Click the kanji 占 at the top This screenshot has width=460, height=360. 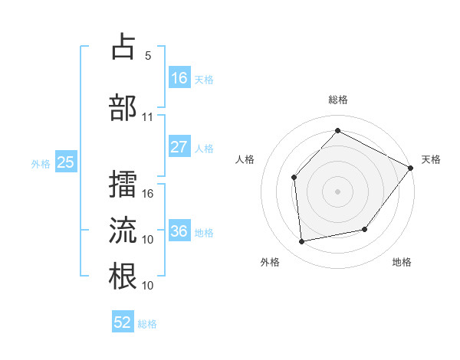(x=123, y=47)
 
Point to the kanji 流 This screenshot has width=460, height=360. (x=123, y=231)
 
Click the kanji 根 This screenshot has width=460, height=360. (x=123, y=276)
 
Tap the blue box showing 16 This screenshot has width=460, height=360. (x=179, y=78)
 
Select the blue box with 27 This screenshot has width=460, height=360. (x=179, y=147)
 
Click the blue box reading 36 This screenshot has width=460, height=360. (x=179, y=231)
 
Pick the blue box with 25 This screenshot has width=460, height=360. (x=65, y=162)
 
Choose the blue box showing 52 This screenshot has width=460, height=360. (x=123, y=322)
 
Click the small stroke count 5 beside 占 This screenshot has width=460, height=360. (x=148, y=56)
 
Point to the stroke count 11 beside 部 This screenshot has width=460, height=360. (x=148, y=117)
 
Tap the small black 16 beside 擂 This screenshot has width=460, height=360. (x=149, y=194)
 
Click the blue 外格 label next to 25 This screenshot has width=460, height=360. (x=41, y=162)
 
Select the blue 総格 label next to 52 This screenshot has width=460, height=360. (x=147, y=323)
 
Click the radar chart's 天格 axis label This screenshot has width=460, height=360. (x=431, y=159)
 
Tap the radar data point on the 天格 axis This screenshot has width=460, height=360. (x=410, y=168)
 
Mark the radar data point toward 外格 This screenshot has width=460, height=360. (x=302, y=242)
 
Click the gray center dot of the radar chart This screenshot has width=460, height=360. (x=337, y=191)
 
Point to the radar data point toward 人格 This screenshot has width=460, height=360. (x=294, y=177)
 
